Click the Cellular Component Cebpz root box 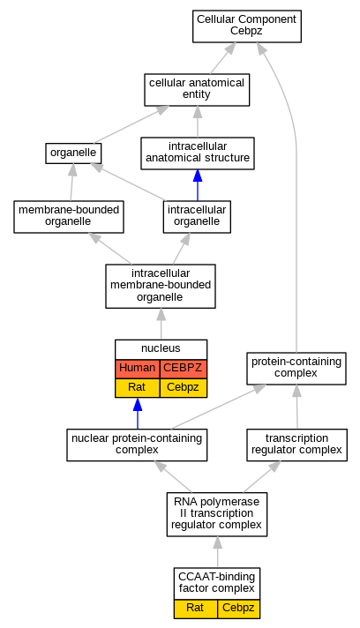pyautogui.click(x=247, y=26)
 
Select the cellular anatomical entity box pyautogui.click(x=197, y=90)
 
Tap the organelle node pyautogui.click(x=73, y=153)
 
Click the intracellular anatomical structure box pyautogui.click(x=198, y=153)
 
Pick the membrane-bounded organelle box pyautogui.click(x=69, y=217)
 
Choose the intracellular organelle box pyautogui.click(x=197, y=217)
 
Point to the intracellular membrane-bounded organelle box pyautogui.click(x=161, y=286)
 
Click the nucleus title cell pyautogui.click(x=161, y=349)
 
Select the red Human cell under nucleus pyautogui.click(x=138, y=369)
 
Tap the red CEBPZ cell pyautogui.click(x=184, y=369)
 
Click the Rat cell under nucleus pyautogui.click(x=138, y=388)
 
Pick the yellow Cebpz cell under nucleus pyautogui.click(x=184, y=388)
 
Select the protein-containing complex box pyautogui.click(x=296, y=369)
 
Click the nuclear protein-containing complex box pyautogui.click(x=137, y=445)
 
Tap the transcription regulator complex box pyautogui.click(x=296, y=445)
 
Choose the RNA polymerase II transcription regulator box pyautogui.click(x=217, y=514)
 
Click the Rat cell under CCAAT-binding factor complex pyautogui.click(x=195, y=609)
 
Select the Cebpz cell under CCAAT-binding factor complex pyautogui.click(x=238, y=609)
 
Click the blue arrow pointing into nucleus pyautogui.click(x=138, y=414)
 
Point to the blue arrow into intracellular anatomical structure pyautogui.click(x=198, y=185)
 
